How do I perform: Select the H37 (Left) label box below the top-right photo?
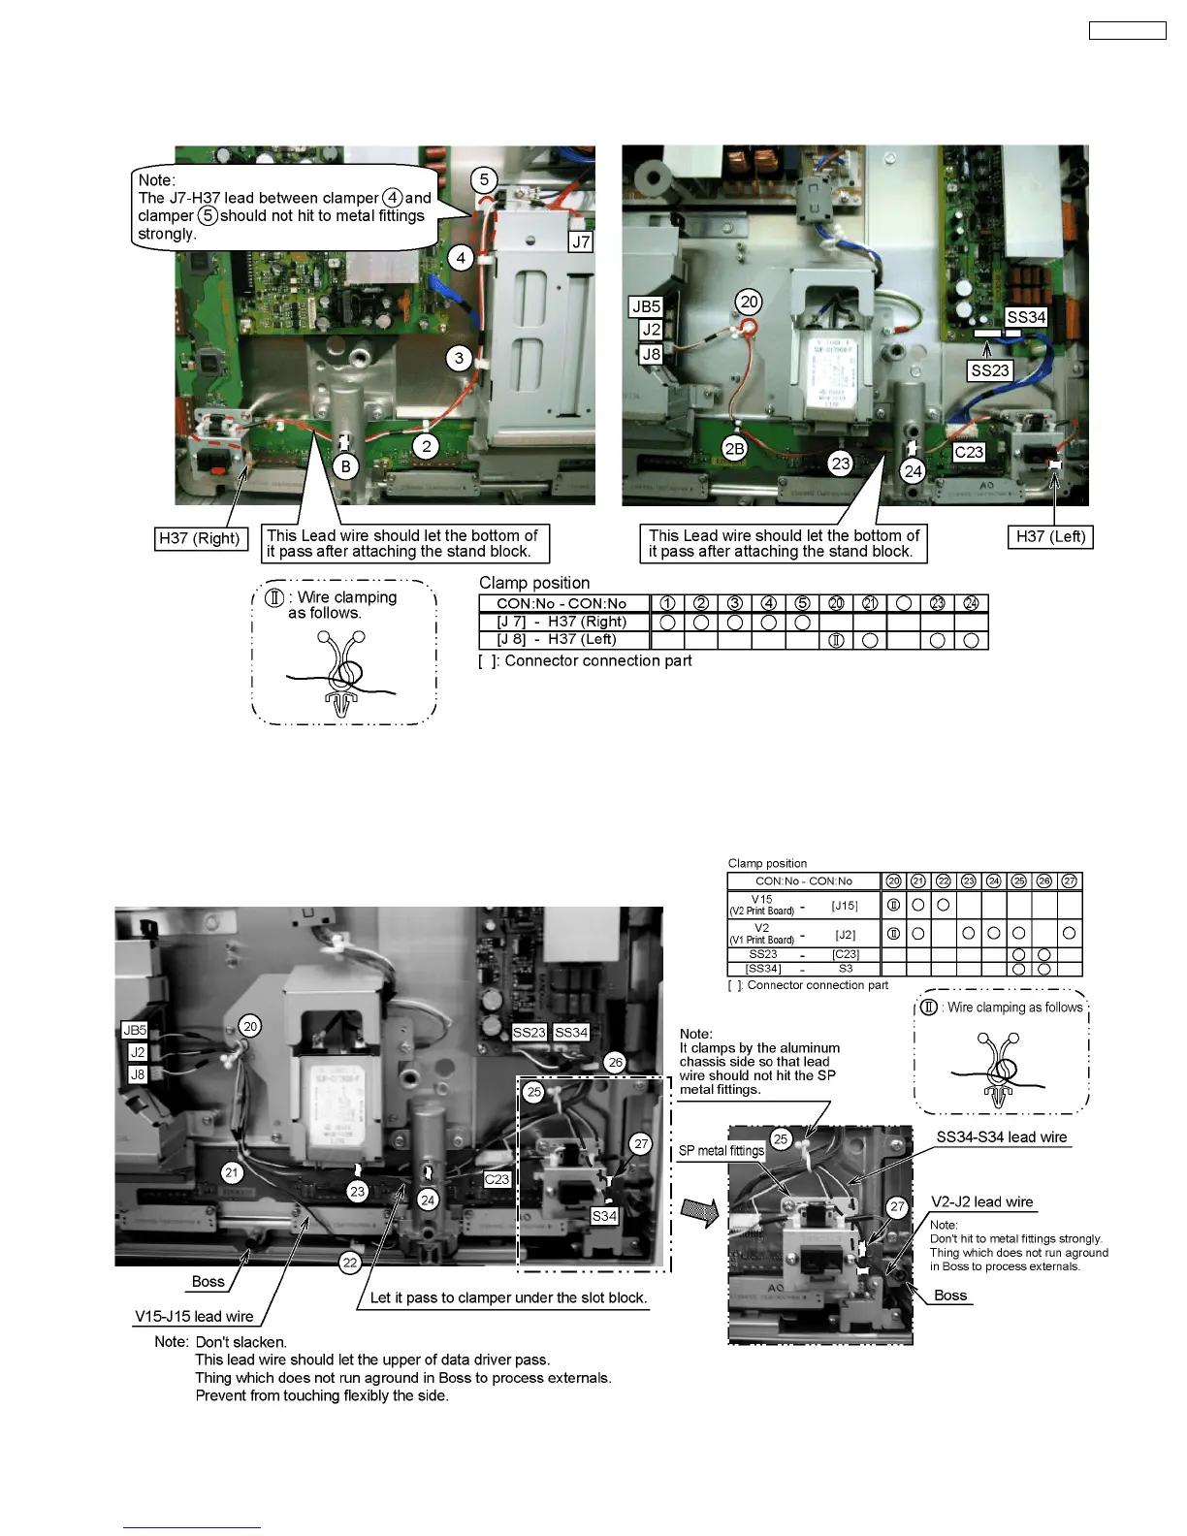coord(1050,536)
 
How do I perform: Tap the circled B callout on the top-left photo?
coord(346,466)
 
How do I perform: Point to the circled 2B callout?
coord(735,448)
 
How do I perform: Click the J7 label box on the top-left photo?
coord(580,241)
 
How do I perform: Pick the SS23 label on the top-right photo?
coord(990,370)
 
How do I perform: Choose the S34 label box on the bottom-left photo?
coord(604,1216)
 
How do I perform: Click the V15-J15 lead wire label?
coord(194,1316)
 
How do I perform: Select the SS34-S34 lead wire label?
coord(1001,1137)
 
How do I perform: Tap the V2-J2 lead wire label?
coord(981,1201)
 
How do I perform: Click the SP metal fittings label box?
coord(721,1150)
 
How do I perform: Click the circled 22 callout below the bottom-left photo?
coord(350,1262)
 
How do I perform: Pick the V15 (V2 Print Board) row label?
coord(762,906)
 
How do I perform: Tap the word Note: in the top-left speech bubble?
coord(157,180)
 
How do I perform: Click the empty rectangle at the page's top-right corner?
coord(1127,30)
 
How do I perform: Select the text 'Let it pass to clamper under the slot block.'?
coord(508,1297)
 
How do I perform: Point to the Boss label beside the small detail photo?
coord(950,1296)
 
